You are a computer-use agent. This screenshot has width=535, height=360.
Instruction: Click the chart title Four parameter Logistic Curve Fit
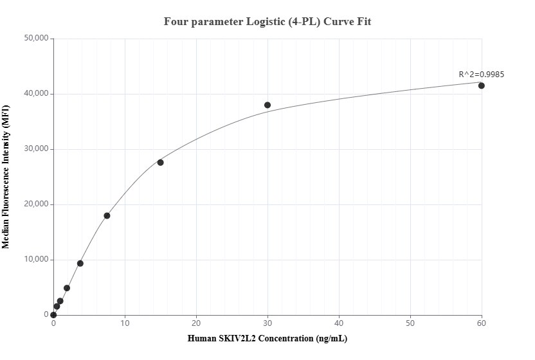[267, 21]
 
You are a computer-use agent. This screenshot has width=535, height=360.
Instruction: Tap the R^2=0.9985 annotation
[481, 74]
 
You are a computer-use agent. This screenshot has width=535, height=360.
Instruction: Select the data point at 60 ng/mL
[481, 85]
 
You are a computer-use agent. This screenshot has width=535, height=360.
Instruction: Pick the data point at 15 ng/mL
[160, 162]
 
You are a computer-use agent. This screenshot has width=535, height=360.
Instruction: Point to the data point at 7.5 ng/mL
[107, 215]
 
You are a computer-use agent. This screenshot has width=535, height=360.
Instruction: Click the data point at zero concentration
[53, 315]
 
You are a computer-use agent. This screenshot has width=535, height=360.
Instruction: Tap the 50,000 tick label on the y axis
[36, 39]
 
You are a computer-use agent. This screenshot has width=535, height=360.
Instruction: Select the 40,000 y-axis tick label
[36, 94]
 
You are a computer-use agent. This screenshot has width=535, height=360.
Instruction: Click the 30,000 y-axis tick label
[36, 149]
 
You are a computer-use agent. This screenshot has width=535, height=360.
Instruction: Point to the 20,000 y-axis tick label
[36, 204]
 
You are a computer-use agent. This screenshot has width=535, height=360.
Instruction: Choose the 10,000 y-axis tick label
[36, 260]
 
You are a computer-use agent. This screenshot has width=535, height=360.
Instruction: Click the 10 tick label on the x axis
[125, 323]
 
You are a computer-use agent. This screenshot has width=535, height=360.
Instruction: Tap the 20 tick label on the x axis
[196, 323]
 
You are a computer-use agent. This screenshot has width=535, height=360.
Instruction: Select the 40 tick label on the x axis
[339, 323]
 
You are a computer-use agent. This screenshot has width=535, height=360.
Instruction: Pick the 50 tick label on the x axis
[410, 323]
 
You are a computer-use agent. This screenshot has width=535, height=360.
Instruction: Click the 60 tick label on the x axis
[482, 323]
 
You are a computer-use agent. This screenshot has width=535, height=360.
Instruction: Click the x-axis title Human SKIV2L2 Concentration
[267, 338]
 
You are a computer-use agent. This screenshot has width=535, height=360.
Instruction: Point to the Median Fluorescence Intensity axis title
[6, 177]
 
